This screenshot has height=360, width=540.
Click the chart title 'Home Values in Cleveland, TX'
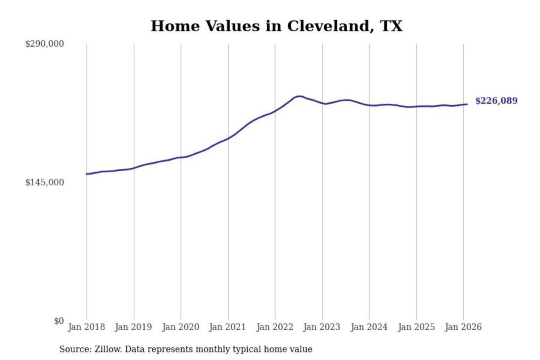pyautogui.click(x=277, y=26)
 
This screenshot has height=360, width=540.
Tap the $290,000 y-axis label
pyautogui.click(x=44, y=44)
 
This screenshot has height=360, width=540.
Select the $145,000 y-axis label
pyautogui.click(x=44, y=183)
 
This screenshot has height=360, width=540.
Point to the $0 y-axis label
pyautogui.click(x=58, y=321)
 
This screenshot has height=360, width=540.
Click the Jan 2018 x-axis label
pyautogui.click(x=86, y=327)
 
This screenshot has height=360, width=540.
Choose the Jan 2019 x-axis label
pyautogui.click(x=133, y=327)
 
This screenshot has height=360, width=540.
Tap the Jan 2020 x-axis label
pyautogui.click(x=180, y=327)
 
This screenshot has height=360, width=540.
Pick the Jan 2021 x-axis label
pyautogui.click(x=227, y=327)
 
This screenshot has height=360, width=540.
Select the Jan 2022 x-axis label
pyautogui.click(x=274, y=327)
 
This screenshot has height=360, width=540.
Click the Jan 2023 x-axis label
pyautogui.click(x=321, y=327)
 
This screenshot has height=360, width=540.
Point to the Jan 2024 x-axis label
pyautogui.click(x=369, y=327)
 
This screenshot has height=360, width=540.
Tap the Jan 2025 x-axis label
pyautogui.click(x=416, y=327)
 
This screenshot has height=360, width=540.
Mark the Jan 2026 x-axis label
pyautogui.click(x=463, y=327)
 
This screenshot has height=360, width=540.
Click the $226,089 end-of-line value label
pyautogui.click(x=496, y=101)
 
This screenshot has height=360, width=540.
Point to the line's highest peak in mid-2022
pyautogui.click(x=299, y=96)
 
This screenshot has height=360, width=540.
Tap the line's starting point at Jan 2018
pyautogui.click(x=87, y=174)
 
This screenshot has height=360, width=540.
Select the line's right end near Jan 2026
pyautogui.click(x=466, y=104)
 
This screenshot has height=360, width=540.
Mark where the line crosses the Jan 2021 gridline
pyautogui.click(x=228, y=138)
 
